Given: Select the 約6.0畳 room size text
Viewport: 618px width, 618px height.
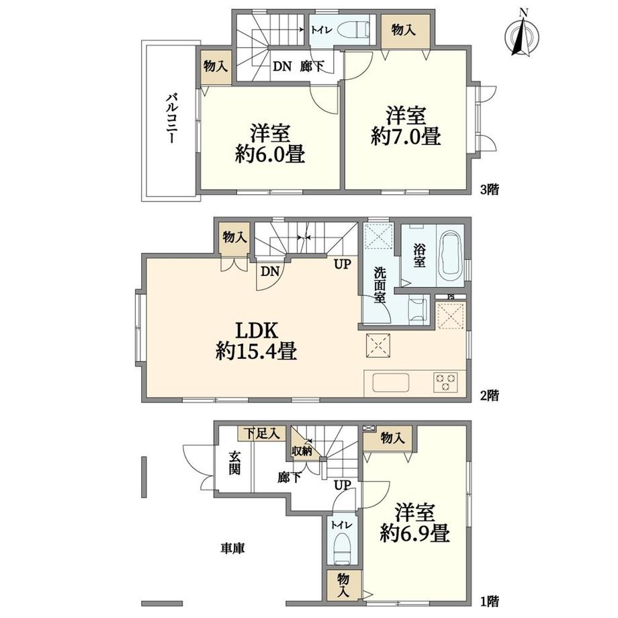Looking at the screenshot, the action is (x=270, y=154).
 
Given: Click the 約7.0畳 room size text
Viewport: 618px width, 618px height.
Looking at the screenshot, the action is (x=406, y=136).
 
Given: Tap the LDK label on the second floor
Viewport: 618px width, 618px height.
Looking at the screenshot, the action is (x=257, y=330).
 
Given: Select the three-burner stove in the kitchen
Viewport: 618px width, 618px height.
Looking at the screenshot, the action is (x=446, y=382).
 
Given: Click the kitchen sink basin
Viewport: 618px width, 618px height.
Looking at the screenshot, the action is (x=390, y=382).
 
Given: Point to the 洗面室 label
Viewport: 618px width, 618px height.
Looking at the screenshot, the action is (x=380, y=285).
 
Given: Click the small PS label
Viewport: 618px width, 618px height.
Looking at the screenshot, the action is (x=451, y=296).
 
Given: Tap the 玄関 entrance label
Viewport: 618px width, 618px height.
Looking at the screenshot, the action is (x=235, y=463).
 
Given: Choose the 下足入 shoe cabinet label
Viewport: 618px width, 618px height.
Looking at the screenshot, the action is (x=261, y=433).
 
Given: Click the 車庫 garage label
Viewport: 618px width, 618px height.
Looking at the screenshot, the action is (x=232, y=548).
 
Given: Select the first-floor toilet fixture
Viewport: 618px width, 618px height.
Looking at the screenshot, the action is (x=342, y=548).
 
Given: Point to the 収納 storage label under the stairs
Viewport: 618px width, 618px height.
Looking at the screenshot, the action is (x=302, y=451).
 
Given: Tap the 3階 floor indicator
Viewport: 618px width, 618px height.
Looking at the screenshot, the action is (x=489, y=189).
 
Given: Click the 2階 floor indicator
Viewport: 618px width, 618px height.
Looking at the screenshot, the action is (x=489, y=394).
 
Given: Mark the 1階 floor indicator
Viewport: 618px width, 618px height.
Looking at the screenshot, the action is (x=489, y=601).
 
